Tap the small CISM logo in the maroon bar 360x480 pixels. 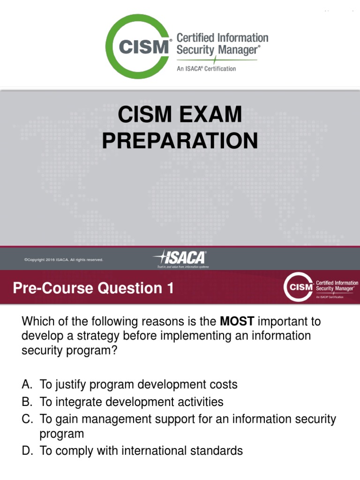click(298, 288)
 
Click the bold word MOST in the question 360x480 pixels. click(237, 322)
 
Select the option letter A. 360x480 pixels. click(27, 385)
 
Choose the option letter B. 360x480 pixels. click(27, 402)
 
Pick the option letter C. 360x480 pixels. click(27, 419)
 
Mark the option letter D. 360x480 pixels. click(27, 451)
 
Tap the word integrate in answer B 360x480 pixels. click(77, 402)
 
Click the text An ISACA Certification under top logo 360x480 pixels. click(206, 68)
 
